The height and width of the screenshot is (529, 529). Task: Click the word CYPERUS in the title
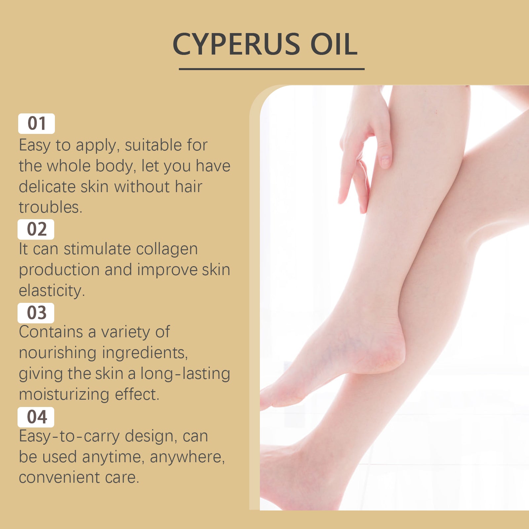click(236, 44)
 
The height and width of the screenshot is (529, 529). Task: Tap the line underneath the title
click(271, 69)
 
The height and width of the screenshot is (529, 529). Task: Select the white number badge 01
click(36, 124)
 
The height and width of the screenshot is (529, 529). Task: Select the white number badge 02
click(36, 229)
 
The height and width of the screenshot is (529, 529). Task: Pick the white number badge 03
click(36, 313)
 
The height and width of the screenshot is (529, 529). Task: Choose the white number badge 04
click(36, 417)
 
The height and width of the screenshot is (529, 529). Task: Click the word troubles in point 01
click(50, 207)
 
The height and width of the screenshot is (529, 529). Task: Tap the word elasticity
click(52, 291)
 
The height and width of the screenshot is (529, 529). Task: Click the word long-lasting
click(185, 374)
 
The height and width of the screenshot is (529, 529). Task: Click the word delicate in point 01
click(47, 187)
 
